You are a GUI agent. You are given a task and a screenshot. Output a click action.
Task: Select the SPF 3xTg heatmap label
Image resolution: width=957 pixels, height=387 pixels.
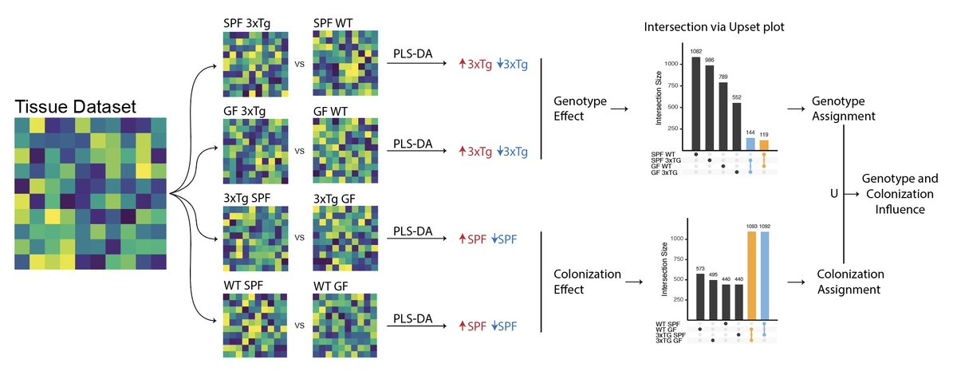[247, 24]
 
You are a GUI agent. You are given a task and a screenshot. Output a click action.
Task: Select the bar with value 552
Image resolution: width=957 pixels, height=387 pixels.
[736, 125]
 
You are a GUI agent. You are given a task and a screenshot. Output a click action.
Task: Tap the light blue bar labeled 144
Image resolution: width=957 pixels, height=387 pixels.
[750, 143]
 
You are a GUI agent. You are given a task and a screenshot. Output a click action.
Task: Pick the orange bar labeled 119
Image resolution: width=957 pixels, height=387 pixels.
[763, 144]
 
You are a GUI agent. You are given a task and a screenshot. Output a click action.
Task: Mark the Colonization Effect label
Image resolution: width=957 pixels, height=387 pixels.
[587, 282]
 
